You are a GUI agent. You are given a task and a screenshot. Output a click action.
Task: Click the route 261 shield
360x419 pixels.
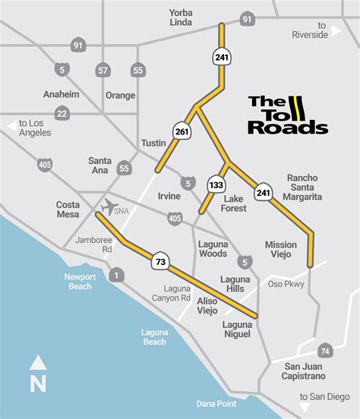coord(181,131)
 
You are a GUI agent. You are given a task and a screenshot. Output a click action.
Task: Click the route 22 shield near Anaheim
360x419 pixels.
coord(62,114)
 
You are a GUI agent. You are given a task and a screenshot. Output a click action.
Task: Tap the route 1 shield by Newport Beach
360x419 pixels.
coord(115,275)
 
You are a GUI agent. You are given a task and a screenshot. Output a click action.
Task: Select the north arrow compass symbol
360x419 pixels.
coord(38,373)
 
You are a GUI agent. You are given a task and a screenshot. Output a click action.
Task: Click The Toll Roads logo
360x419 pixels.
coord(288,115)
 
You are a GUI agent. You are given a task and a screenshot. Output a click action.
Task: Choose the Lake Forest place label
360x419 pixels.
coord(233,203)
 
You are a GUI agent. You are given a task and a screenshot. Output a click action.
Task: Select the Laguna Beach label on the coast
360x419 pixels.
coord(154,336)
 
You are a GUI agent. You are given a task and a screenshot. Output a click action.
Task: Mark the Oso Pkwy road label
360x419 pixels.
coord(286,284)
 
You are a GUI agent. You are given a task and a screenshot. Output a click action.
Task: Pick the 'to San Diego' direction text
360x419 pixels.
coord(324,396)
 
